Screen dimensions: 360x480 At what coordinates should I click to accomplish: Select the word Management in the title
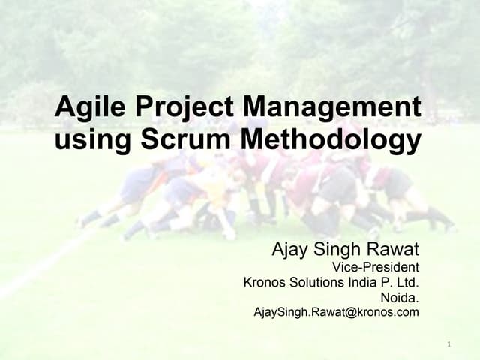(x=332, y=107)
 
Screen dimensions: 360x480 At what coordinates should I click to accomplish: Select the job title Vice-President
(x=375, y=266)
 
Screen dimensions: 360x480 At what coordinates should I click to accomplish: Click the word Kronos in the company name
(x=263, y=282)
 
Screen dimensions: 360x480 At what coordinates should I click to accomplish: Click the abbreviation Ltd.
(x=406, y=282)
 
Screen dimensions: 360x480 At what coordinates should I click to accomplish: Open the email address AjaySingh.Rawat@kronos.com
(x=336, y=312)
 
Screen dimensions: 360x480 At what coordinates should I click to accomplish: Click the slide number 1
(x=448, y=344)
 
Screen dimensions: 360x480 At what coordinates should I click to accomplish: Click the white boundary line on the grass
(x=45, y=262)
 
